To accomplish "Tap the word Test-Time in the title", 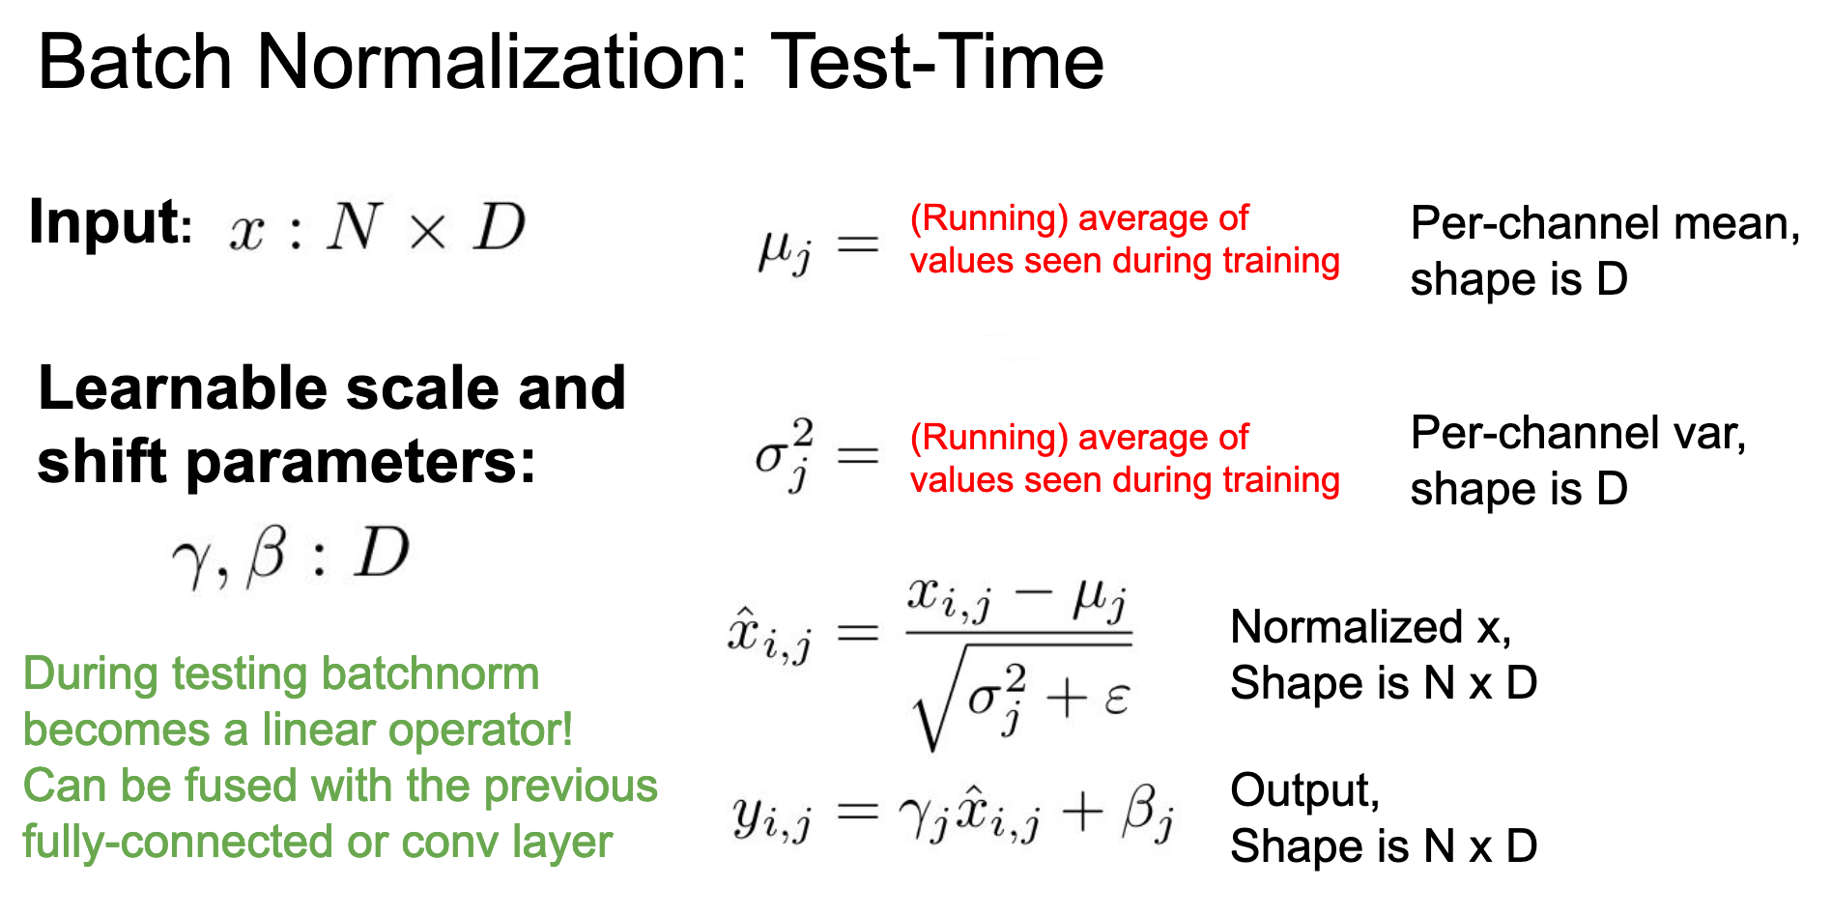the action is (x=937, y=62).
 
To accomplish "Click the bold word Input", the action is (x=105, y=224).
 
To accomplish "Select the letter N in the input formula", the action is (x=354, y=227).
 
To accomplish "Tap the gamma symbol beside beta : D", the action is (x=190, y=561).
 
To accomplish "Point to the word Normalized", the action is (x=1347, y=627).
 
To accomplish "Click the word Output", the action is (x=1304, y=791).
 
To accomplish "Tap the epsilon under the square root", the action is (x=1116, y=699).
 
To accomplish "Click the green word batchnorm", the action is (x=430, y=673).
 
